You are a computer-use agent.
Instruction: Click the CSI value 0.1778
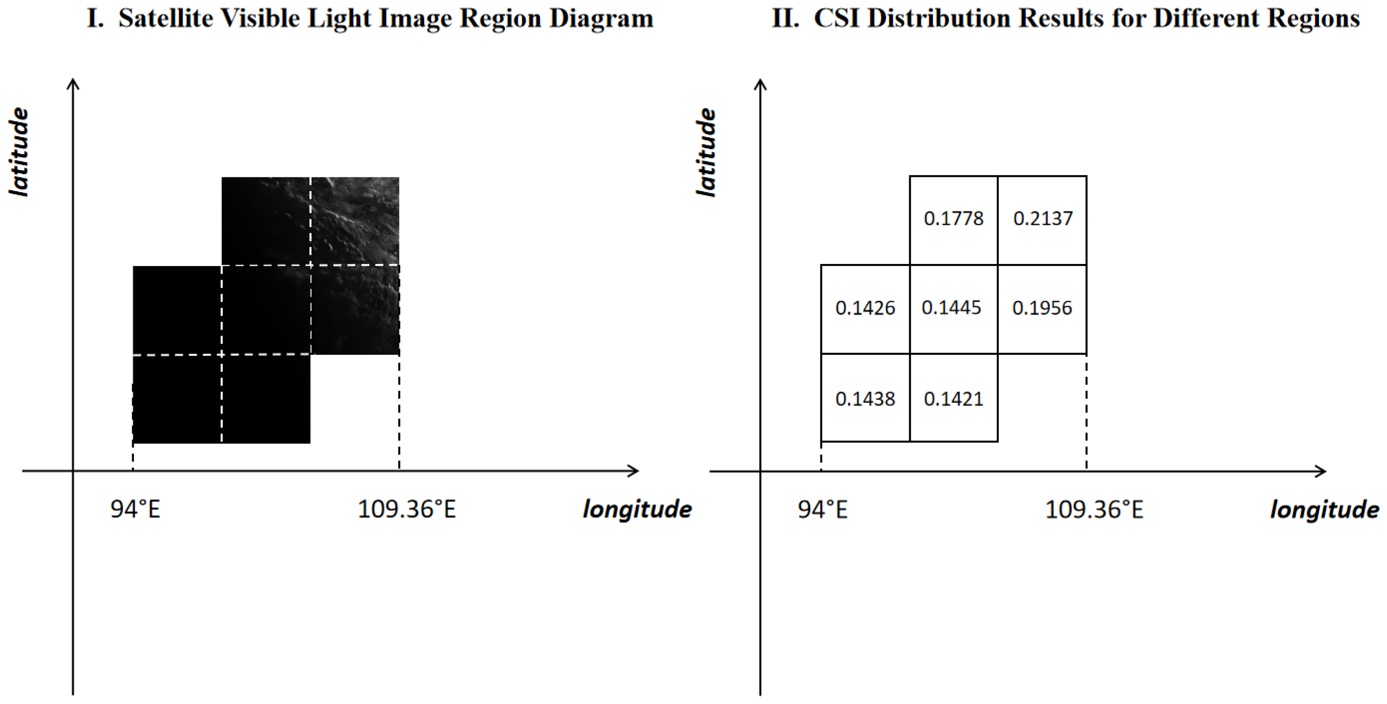[953, 219]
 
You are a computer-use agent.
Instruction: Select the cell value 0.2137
[1042, 219]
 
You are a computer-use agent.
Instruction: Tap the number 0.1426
[865, 308]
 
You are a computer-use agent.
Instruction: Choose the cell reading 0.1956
[1042, 308]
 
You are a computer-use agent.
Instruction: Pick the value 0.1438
[865, 399]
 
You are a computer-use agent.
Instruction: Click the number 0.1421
[953, 399]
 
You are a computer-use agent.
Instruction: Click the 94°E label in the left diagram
[135, 509]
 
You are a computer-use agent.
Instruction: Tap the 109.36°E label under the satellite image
[406, 509]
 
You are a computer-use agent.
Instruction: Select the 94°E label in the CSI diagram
[822, 509]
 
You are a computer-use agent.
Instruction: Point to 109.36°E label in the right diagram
[1093, 509]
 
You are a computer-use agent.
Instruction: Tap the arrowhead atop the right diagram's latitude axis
[760, 84]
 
